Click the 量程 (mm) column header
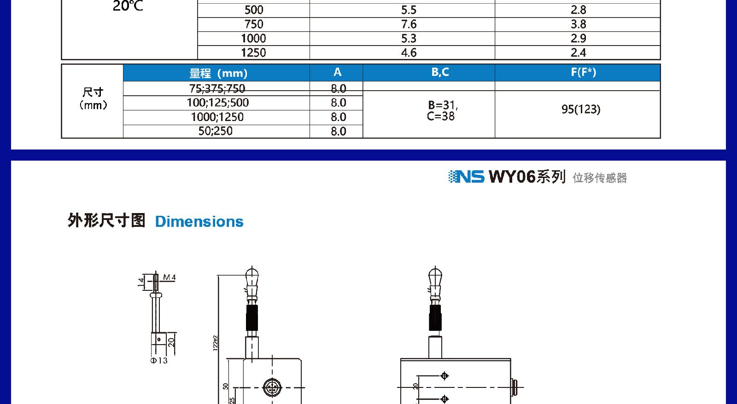(x=218, y=73)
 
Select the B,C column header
(x=440, y=72)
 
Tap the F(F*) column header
(x=583, y=72)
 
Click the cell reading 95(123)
(x=581, y=109)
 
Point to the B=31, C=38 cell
(x=441, y=110)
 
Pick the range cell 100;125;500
(x=218, y=103)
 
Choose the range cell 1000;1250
(x=217, y=117)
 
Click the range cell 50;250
(x=215, y=131)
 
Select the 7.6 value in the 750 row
(x=409, y=24)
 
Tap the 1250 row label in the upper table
(x=253, y=52)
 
